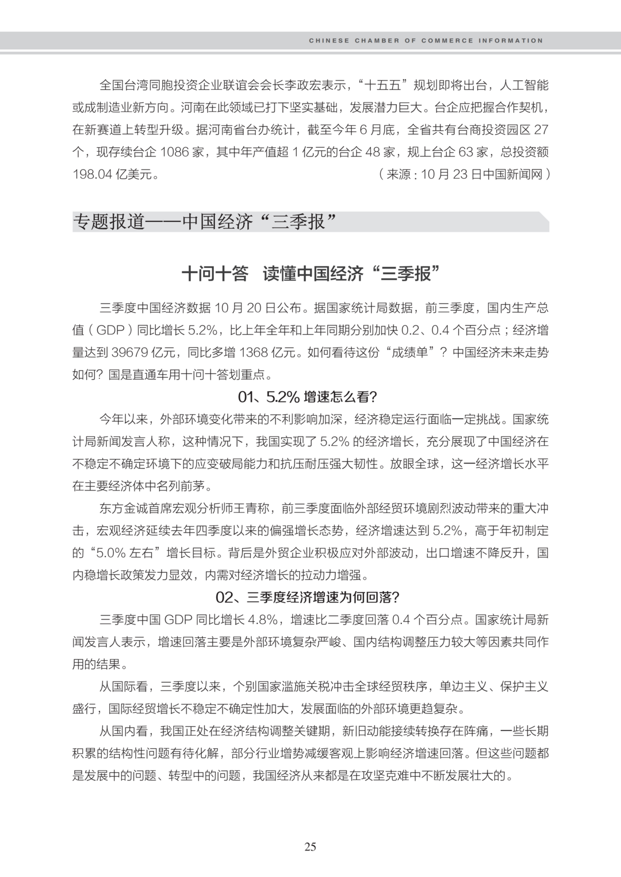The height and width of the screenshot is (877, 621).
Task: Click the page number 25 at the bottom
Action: point(310,847)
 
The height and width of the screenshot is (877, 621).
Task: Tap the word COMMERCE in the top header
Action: point(447,41)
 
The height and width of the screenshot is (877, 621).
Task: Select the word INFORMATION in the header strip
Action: point(511,41)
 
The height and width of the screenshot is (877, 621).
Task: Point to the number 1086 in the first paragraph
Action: point(174,152)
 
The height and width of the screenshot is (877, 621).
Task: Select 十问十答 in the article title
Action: point(214,274)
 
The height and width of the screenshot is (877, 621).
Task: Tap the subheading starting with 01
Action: point(307,397)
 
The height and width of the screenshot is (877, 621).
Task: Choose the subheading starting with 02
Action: point(307,597)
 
